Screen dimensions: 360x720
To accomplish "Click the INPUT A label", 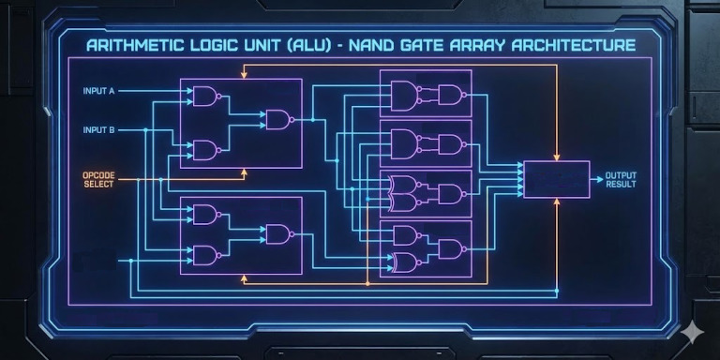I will point(98,92).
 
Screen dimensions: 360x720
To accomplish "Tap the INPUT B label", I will point(98,129).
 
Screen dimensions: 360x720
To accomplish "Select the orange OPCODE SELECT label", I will point(98,179).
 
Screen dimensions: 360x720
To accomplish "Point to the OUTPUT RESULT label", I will point(621,179).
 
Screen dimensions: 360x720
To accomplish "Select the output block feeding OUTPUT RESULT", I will point(556,179).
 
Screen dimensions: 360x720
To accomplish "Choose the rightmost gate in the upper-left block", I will point(278,119).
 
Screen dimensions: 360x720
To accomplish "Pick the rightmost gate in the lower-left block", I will point(278,234).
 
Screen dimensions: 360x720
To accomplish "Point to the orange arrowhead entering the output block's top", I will point(557,157).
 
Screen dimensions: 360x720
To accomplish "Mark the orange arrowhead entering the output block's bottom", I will point(557,202).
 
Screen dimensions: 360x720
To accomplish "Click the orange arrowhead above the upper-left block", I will point(244,71).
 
